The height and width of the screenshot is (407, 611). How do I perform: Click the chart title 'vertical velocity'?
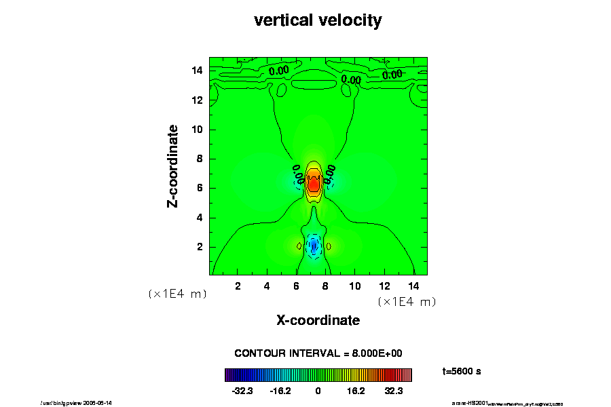[318, 20]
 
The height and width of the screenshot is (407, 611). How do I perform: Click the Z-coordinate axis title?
[173, 166]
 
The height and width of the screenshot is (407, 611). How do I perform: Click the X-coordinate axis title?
[318, 319]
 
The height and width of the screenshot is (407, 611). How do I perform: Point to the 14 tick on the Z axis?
[198, 71]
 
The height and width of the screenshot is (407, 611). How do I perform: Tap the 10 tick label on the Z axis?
[198, 130]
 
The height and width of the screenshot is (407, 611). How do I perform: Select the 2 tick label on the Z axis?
[200, 247]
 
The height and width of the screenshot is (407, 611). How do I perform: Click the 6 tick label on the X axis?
[297, 286]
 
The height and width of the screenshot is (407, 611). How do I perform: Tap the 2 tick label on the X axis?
[238, 286]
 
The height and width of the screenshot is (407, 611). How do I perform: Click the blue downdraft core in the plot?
[314, 246]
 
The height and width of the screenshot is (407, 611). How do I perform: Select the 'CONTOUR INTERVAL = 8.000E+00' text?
[318, 353]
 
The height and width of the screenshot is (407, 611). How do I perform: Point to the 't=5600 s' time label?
[462, 371]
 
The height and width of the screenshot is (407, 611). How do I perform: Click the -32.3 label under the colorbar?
[242, 391]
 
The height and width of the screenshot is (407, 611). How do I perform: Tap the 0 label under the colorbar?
[318, 391]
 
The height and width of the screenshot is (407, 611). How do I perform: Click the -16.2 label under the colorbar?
[280, 391]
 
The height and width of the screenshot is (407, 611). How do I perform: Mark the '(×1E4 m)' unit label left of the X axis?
[177, 294]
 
